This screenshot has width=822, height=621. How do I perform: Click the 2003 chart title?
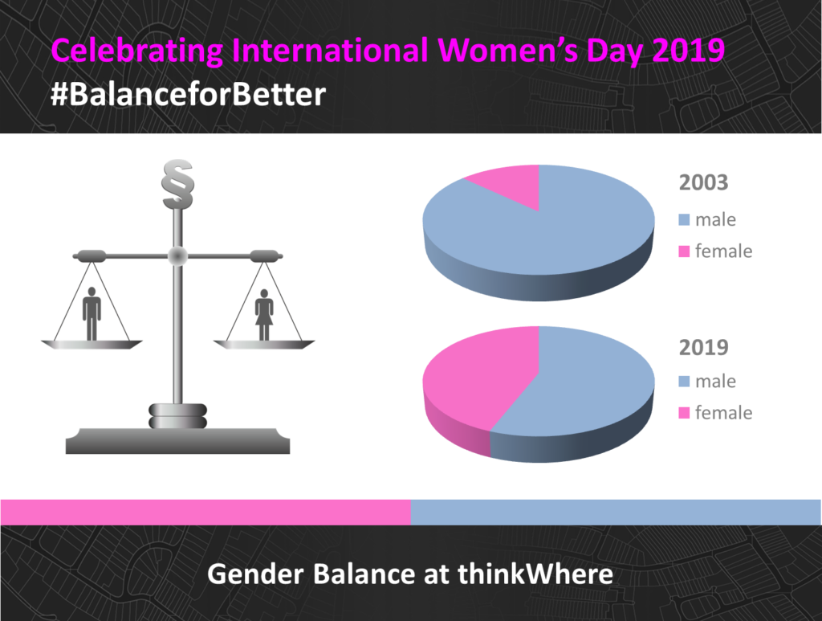tap(703, 182)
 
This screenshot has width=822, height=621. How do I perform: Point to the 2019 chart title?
tap(703, 347)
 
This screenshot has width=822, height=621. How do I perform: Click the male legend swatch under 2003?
tap(684, 220)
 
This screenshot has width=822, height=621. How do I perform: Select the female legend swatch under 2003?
tap(684, 251)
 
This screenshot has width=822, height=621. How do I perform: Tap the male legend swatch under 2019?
tap(684, 382)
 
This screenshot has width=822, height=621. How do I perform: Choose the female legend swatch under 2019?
tap(684, 413)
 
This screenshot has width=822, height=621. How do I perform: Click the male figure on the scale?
tap(92, 313)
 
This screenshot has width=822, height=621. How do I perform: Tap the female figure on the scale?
tap(264, 315)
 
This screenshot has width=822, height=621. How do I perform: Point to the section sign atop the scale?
tap(177, 184)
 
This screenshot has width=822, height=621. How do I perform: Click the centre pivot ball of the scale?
tap(177, 256)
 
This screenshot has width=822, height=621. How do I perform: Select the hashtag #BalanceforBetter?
tap(188, 95)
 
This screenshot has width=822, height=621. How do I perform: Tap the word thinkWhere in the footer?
tap(535, 574)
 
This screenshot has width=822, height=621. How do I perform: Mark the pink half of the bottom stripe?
tap(205, 512)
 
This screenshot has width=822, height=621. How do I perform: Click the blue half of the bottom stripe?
tap(616, 512)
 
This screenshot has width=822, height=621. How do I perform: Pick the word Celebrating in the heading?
tap(137, 51)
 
